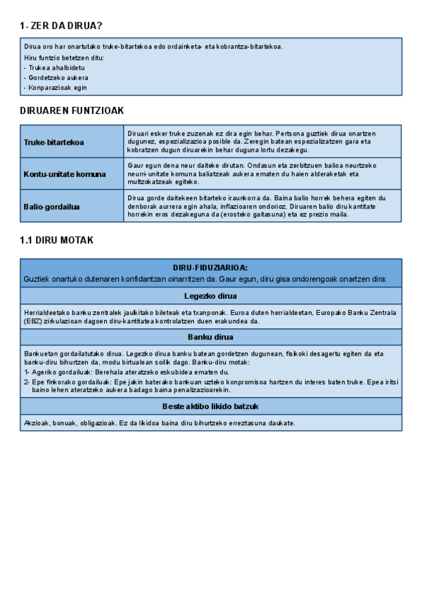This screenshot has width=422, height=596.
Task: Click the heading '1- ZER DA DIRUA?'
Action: pos(61,26)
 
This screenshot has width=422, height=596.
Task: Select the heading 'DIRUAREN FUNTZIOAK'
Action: pos(73,110)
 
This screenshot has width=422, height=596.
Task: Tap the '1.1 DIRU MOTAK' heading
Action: pos(57,240)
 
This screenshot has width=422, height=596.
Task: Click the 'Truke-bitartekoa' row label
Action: pos(53,142)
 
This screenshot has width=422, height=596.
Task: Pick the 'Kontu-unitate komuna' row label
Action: pos(65,174)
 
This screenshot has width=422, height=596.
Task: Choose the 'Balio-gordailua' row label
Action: pos(51,207)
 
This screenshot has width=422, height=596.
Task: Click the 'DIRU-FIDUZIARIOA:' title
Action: pos(210,268)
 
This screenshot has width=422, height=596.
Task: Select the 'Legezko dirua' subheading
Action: pos(210,296)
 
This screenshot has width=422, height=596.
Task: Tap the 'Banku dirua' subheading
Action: pos(210,337)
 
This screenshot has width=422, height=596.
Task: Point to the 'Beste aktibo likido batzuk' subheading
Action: pos(210,407)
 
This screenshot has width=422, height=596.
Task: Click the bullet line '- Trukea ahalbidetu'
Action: pos(53,67)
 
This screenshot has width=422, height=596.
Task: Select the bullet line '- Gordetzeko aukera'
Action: pos(56,77)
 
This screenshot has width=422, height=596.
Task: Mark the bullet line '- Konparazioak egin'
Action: pos(56,88)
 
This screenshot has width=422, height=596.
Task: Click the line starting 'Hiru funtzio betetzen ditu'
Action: pos(64,58)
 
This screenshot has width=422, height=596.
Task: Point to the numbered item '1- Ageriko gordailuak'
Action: pos(127,372)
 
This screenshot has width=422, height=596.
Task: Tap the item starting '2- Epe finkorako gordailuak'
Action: pos(204,385)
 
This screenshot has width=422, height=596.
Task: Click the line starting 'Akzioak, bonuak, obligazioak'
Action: pos(159,423)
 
